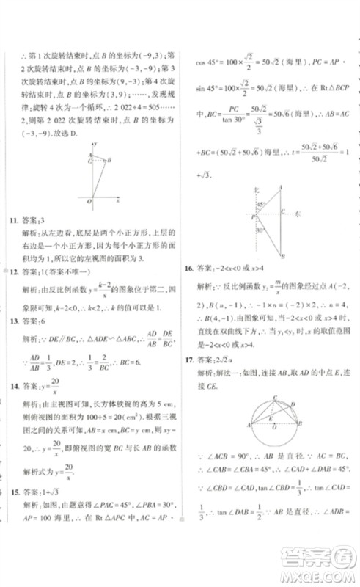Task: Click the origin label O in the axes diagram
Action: click(89, 200)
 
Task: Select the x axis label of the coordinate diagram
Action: click(119, 199)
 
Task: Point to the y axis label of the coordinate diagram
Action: click(96, 145)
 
